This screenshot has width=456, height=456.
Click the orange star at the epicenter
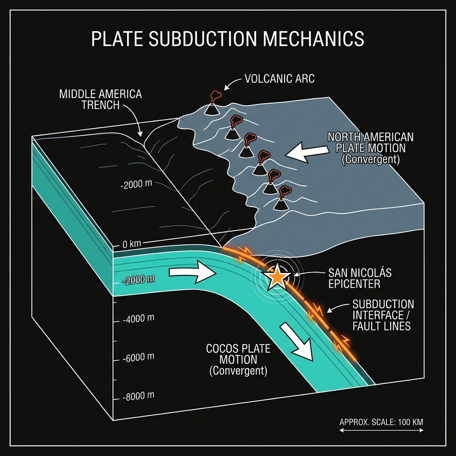(x=277, y=277)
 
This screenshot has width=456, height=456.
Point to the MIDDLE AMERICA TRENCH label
(x=100, y=100)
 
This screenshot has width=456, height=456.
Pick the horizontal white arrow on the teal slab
(x=192, y=273)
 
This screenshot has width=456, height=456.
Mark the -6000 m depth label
(x=138, y=357)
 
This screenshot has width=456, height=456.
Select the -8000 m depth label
(x=138, y=395)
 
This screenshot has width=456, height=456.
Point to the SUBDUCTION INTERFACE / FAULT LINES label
(x=383, y=315)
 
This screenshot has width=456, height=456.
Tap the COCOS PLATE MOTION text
(x=238, y=359)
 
